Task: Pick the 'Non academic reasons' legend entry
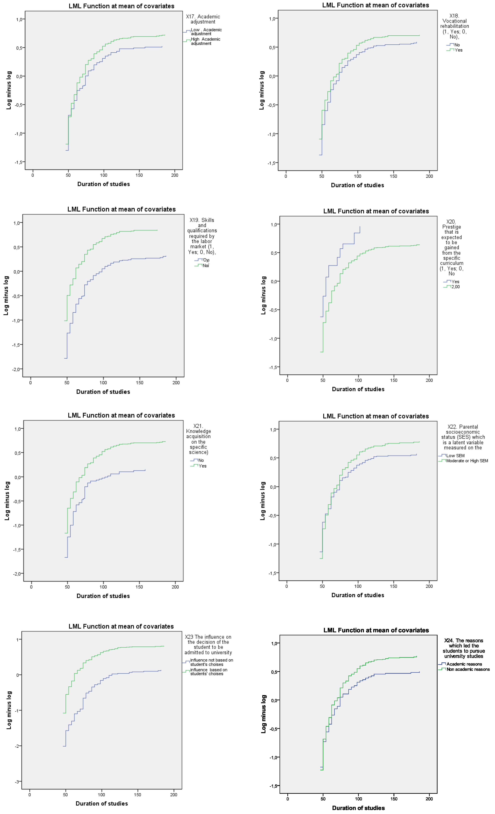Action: pos(468,669)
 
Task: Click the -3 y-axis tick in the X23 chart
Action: pos(17,782)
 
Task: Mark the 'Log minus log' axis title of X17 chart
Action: pos(9,90)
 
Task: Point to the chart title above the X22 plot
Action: pos(376,416)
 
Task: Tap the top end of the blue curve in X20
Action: pos(360,227)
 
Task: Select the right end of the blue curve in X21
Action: pos(145,470)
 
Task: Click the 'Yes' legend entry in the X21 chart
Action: pos(202,466)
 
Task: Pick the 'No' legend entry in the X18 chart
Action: pos(457,45)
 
